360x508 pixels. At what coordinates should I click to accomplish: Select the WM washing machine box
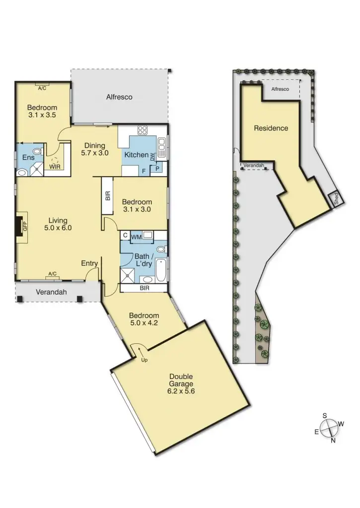[x=137, y=238]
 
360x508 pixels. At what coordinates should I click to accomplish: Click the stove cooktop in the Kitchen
[x=143, y=131]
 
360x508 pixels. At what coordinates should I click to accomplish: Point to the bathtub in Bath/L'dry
[x=160, y=273]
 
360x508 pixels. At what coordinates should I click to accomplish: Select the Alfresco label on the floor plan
[x=119, y=97]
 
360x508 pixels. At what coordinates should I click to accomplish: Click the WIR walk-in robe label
[x=55, y=167]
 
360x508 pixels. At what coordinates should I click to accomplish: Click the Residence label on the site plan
[x=271, y=128]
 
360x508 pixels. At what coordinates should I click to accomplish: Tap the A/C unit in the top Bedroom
[x=42, y=88]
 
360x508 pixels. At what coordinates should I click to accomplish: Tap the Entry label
[x=89, y=263]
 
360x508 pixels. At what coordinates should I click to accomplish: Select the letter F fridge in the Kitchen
[x=144, y=170]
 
